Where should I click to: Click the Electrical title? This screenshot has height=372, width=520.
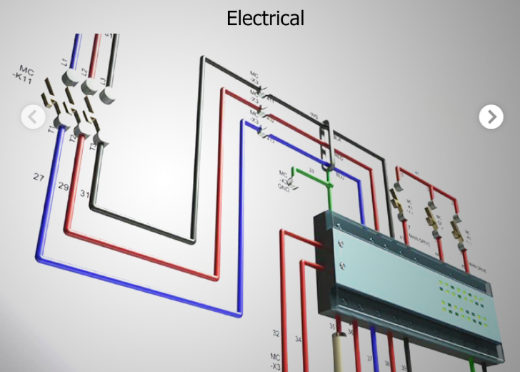[x=265, y=18]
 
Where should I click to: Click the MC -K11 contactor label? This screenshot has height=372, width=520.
[x=26, y=74]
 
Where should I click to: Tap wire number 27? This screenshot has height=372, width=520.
[x=39, y=176]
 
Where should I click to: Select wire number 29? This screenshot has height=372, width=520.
[x=64, y=187]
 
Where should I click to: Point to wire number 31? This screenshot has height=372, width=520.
[x=85, y=193]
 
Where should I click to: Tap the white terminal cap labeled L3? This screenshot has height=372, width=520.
[x=109, y=95]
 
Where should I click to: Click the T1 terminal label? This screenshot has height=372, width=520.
[x=51, y=131]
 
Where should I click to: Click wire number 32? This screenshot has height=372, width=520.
[x=276, y=333]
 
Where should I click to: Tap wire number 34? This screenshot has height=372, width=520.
[x=298, y=339]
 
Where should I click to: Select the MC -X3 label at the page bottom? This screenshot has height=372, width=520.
[x=275, y=361]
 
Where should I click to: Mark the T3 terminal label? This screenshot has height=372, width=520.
[x=92, y=146]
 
